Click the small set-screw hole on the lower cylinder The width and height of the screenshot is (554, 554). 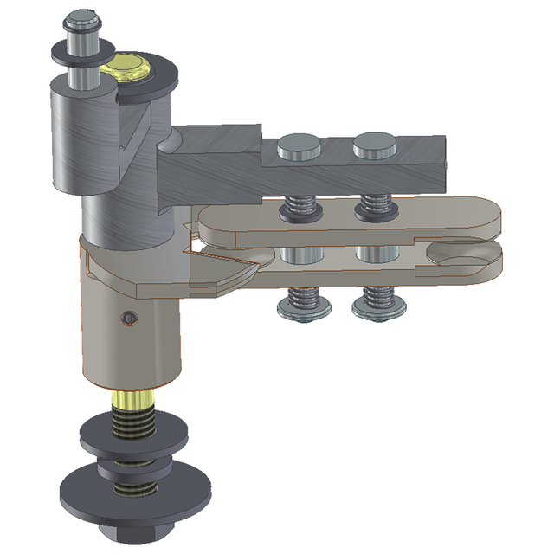129,319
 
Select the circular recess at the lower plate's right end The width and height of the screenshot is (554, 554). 467,257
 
